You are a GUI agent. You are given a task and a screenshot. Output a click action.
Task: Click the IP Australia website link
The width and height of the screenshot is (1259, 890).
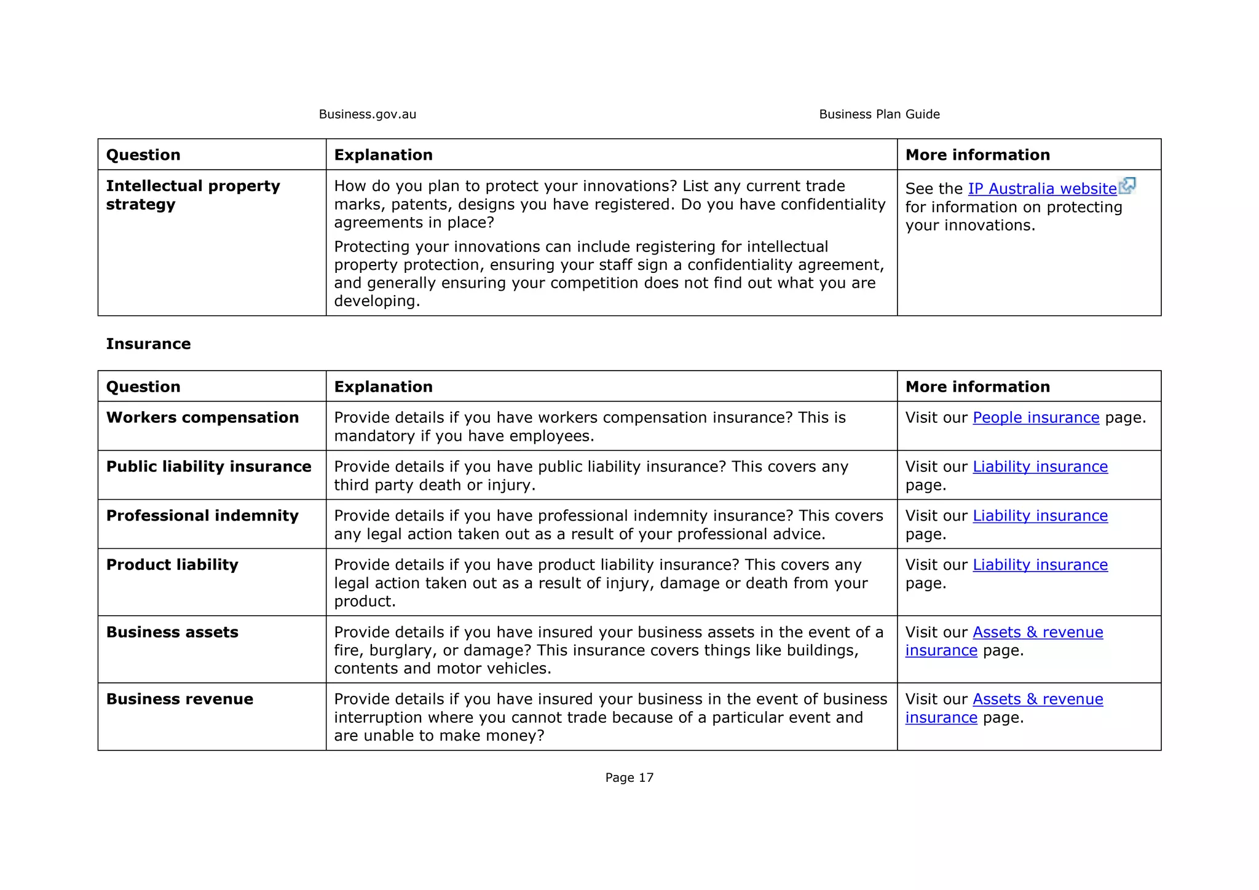[x=1042, y=189]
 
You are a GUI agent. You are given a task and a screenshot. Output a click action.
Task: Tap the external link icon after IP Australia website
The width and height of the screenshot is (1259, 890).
[x=1127, y=185]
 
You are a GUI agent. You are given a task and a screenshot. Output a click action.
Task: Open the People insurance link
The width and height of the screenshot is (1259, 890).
[x=1036, y=418]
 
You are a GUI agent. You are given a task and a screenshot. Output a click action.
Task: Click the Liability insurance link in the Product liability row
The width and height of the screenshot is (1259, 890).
[x=1040, y=565]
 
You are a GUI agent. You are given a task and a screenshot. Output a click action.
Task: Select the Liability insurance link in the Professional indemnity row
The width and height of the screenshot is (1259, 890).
[x=1040, y=516]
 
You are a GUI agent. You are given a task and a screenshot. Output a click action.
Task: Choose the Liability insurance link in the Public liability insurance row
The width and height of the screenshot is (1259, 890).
[x=1040, y=467]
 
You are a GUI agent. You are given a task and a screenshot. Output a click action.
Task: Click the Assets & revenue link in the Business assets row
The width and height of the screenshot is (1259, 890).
[x=1038, y=632]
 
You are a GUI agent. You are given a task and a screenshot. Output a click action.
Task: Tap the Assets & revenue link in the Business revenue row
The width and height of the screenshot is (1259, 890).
[x=1038, y=699]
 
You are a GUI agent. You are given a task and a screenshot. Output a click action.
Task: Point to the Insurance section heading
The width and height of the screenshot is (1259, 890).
[x=148, y=344]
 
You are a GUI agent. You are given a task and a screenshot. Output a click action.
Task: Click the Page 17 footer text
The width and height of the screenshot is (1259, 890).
[x=629, y=778]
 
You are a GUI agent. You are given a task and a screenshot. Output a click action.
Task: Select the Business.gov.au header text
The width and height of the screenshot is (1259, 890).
[x=368, y=114]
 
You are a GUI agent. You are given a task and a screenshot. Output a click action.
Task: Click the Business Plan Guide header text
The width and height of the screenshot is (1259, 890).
[x=879, y=114]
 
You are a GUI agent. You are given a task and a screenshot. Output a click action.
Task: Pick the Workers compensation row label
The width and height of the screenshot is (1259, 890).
[x=202, y=418]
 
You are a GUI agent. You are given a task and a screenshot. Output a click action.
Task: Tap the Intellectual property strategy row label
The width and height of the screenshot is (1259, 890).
[x=192, y=195]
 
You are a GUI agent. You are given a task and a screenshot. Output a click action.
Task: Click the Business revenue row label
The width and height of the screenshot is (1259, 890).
[x=180, y=699]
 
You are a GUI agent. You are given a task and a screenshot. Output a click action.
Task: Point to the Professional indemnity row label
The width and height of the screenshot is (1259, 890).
[x=202, y=516]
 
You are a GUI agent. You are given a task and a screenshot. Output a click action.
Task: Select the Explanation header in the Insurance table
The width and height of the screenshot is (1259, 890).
[x=383, y=387]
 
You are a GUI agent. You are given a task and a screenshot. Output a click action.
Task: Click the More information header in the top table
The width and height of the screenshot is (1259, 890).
[x=977, y=155]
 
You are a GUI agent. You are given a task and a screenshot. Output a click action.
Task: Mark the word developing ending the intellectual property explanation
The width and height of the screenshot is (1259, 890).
[x=376, y=301]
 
